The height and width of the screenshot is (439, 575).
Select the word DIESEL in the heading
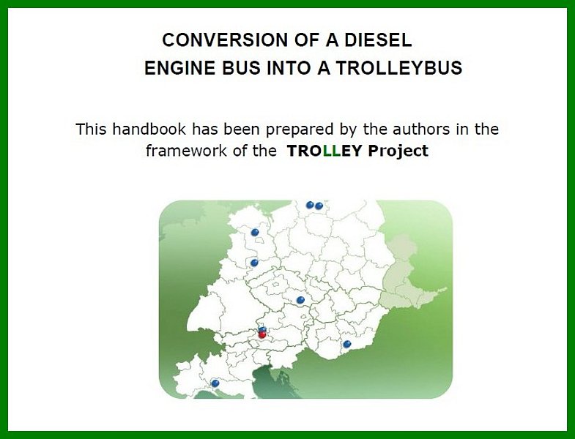(x=378, y=40)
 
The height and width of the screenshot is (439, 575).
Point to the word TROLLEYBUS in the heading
(x=399, y=68)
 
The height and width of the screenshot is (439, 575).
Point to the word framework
(x=186, y=151)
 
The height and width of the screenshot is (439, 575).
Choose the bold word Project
(x=398, y=151)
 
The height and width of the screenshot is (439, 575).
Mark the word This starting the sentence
(x=91, y=129)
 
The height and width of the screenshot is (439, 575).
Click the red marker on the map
(x=262, y=334)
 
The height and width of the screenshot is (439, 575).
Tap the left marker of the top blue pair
(x=310, y=205)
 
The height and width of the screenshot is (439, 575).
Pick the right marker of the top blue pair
(x=319, y=206)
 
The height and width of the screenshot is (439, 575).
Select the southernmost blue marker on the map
(x=215, y=383)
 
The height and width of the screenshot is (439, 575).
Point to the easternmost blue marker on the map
(x=347, y=344)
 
